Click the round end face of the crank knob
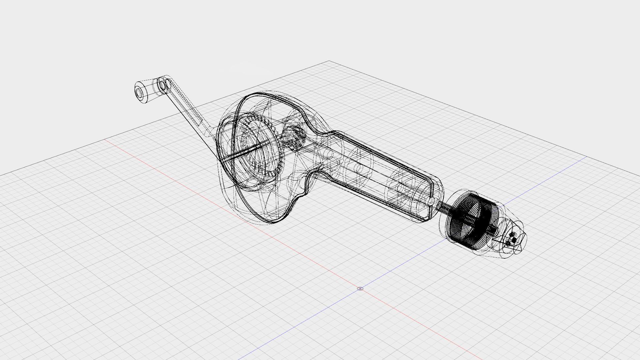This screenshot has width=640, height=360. point(139,92)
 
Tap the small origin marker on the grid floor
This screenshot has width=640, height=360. point(360,288)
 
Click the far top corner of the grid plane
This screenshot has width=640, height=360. point(329,61)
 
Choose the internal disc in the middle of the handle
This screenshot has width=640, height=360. point(358,167)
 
